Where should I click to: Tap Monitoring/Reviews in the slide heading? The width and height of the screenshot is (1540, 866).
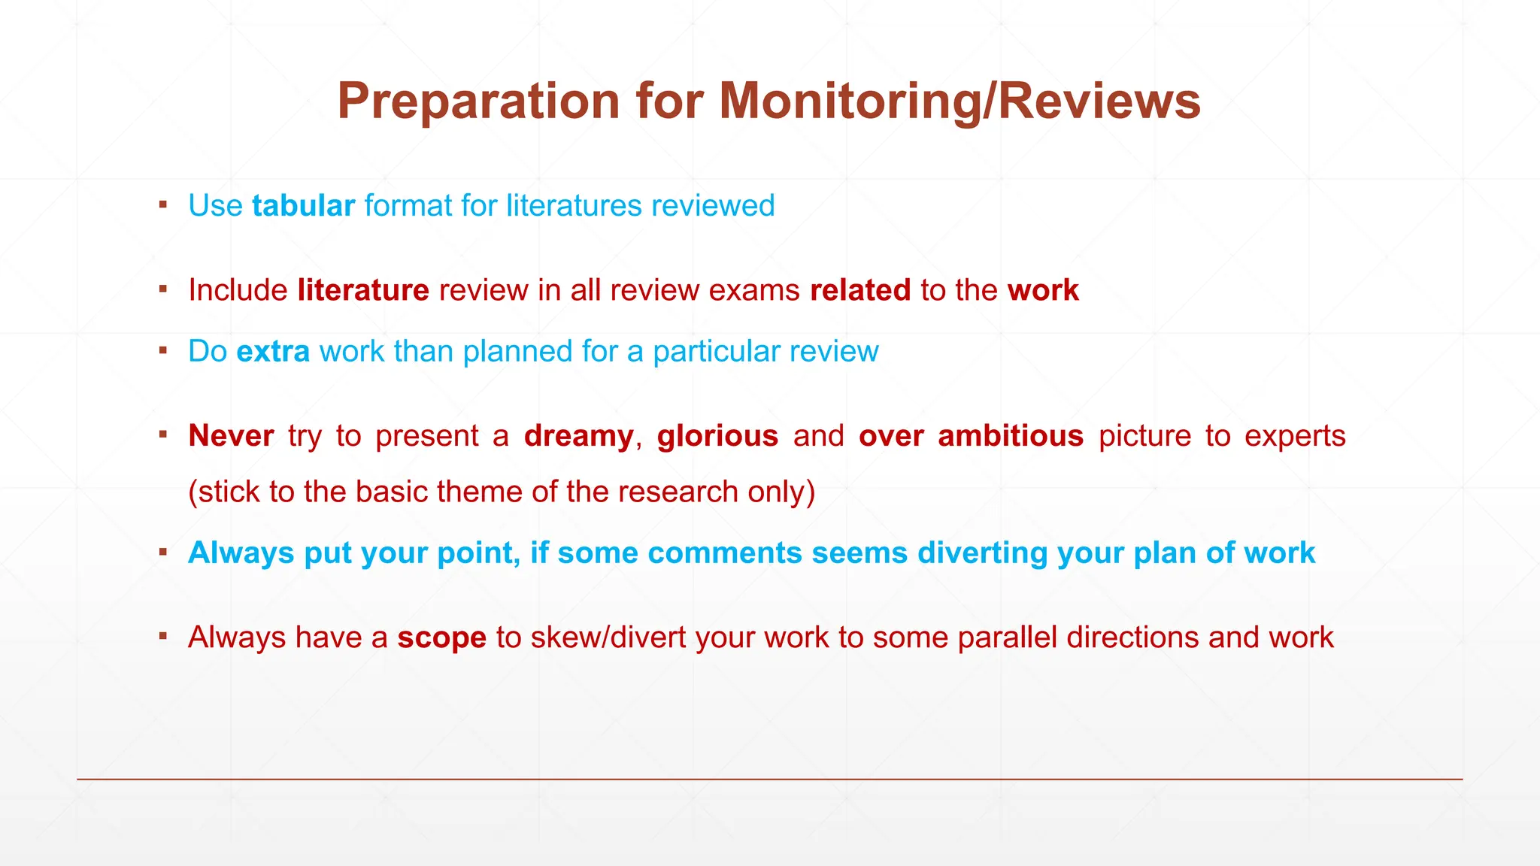point(959,101)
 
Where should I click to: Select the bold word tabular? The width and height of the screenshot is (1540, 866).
point(303,206)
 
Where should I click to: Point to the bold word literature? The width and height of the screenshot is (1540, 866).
point(363,290)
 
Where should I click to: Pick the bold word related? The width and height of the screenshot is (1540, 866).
point(860,290)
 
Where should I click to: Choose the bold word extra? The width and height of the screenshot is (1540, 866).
point(273,352)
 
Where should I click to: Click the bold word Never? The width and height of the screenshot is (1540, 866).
point(231,436)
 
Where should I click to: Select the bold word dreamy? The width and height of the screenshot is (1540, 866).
point(579,436)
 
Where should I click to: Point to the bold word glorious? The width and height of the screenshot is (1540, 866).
point(717,436)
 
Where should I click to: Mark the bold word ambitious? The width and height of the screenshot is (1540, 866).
point(1011,436)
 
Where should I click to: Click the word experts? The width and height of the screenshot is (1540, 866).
point(1295,436)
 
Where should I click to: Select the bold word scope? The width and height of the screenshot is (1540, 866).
point(442,637)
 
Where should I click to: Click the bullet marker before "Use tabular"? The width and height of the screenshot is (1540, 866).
point(163,204)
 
